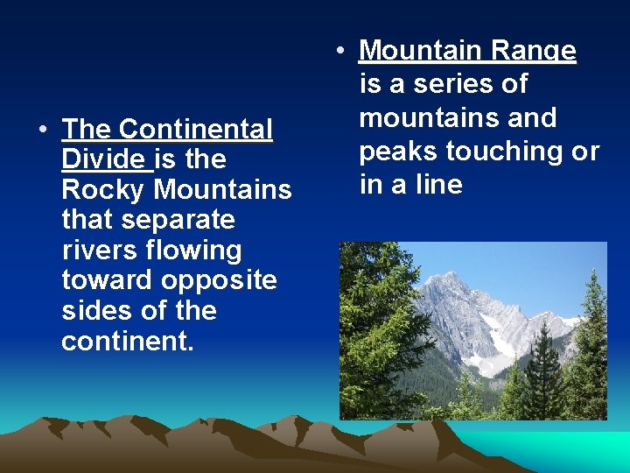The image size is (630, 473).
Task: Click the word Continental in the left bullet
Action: (195, 130)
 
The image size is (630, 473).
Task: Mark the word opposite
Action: (219, 280)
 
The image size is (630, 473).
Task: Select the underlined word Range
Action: (533, 51)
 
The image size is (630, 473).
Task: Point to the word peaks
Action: (398, 152)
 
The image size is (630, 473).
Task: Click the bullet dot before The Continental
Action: (43, 131)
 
